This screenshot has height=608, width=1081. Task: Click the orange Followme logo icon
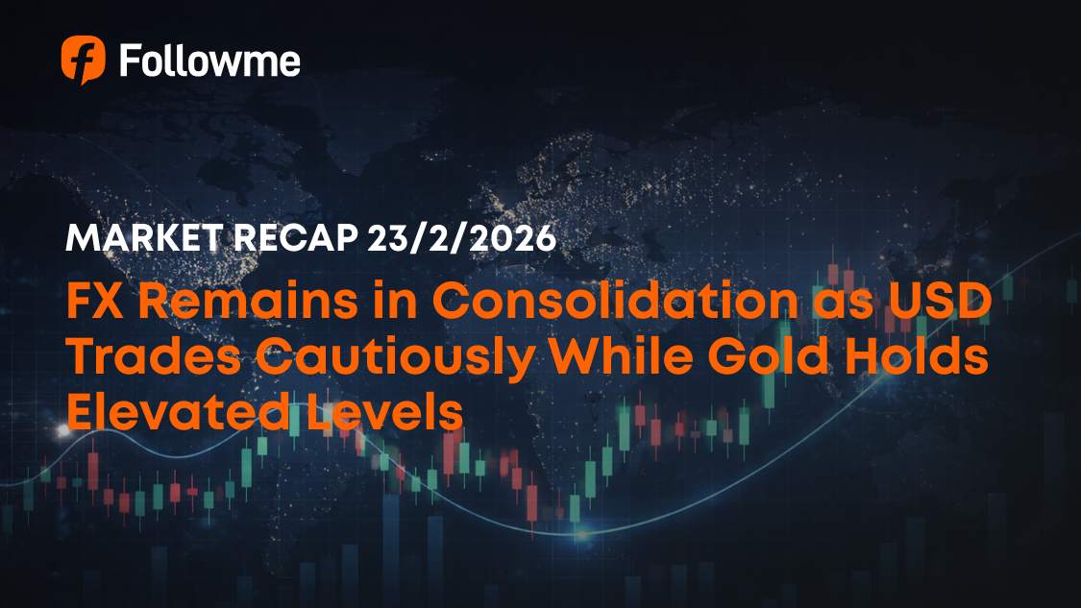(83, 60)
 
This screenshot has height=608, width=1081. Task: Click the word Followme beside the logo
(209, 61)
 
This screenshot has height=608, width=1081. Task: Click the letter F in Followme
(129, 61)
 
